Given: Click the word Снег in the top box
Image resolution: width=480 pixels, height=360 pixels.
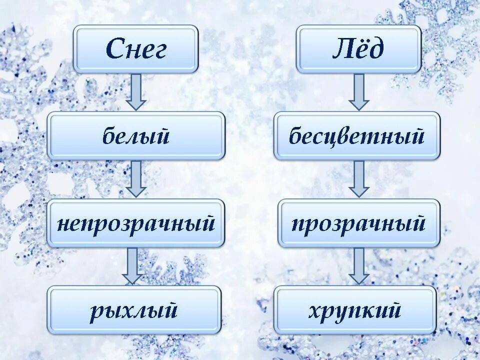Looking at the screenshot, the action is pos(136,49).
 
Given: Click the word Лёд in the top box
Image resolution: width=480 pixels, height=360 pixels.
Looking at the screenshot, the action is pos(358,49).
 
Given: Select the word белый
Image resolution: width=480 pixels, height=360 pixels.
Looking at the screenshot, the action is pos(136,136).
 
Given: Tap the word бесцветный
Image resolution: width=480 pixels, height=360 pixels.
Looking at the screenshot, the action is pos(356,136).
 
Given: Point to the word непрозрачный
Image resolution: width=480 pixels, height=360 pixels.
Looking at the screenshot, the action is pos(136,223).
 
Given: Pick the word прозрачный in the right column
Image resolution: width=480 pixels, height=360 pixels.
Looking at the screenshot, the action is pos(358,223).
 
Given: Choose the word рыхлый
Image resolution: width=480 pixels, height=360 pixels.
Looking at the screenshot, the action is pos(134,310).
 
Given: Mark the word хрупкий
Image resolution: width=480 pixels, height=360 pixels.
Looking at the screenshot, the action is pos(355,310).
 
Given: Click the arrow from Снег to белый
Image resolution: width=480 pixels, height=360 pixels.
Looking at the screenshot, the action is pos(136,92).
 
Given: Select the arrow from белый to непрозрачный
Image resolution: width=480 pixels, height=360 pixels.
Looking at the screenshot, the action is pos(136,178).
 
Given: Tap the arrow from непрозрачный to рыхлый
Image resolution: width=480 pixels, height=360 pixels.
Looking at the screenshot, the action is pos(132,265).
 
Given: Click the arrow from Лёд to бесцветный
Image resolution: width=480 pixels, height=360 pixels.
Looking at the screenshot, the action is pos(358,92).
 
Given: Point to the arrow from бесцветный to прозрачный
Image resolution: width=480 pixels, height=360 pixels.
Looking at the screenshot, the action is pos(358,178).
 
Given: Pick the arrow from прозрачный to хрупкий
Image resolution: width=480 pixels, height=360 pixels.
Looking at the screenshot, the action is pos(358,265).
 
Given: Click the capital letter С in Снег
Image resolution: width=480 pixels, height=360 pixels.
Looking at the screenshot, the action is pos(115,49).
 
